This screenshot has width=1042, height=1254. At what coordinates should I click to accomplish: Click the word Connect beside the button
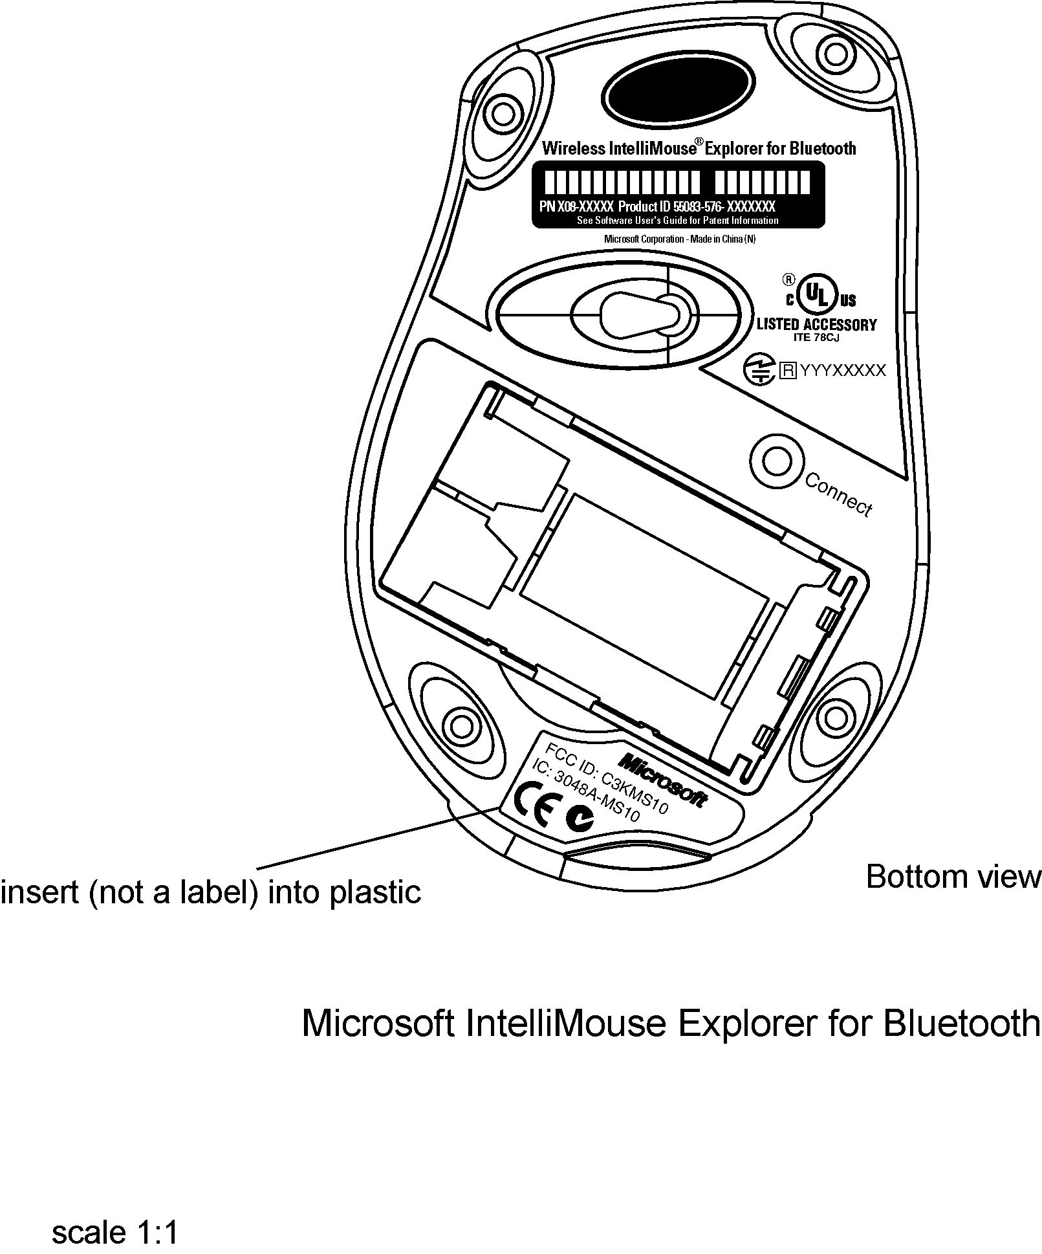pos(838,494)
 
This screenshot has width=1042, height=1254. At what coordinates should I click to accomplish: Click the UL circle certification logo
pos(817,296)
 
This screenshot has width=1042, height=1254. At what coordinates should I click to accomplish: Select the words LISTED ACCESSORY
pos(816,324)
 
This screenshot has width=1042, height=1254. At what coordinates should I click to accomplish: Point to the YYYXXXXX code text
pos(842,370)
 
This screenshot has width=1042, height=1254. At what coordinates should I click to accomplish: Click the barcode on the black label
pos(677,183)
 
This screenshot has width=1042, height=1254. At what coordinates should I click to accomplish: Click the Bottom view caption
pos(953,877)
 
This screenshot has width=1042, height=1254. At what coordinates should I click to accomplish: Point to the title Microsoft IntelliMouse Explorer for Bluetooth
pos(671,1024)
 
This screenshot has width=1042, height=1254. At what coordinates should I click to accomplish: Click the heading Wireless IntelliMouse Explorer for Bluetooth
pos(699,148)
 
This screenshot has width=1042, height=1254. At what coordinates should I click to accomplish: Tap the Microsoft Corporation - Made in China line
pos(679,239)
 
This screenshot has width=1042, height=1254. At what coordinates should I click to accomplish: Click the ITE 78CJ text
pos(816,336)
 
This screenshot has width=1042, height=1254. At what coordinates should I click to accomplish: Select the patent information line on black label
pos(677,220)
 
